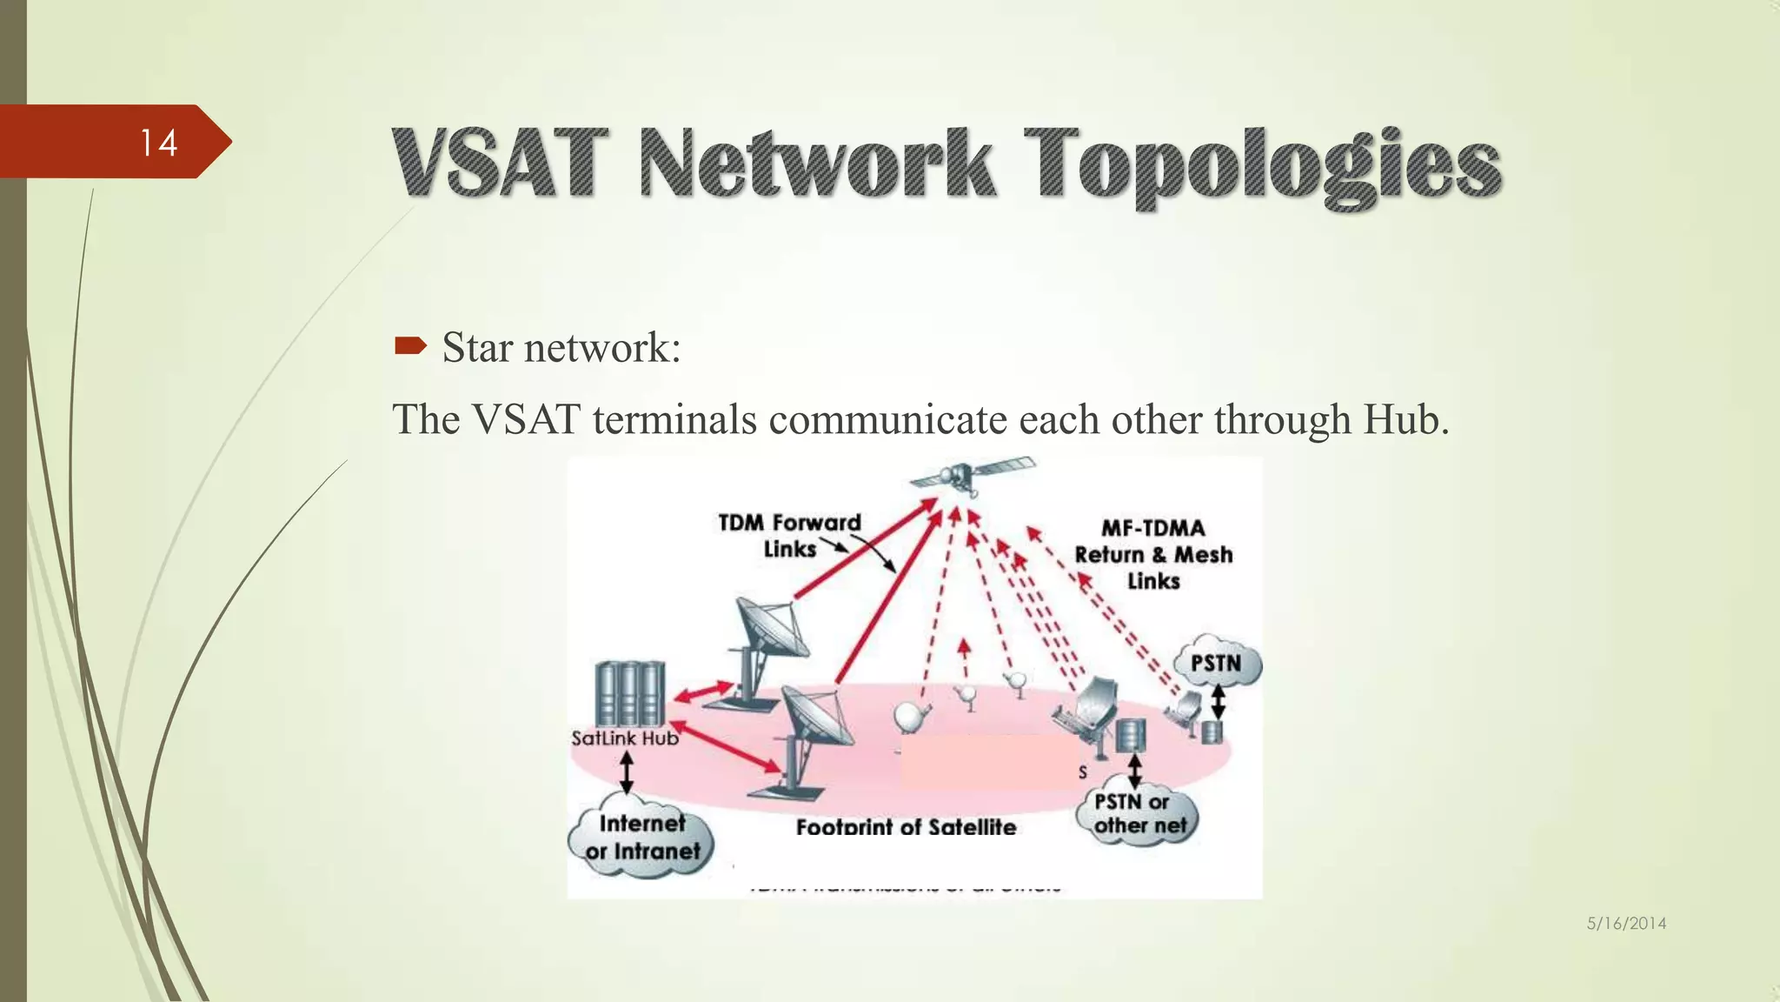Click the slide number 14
pyautogui.click(x=158, y=143)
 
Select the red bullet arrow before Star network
pyautogui.click(x=410, y=347)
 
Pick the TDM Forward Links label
pyautogui.click(x=789, y=535)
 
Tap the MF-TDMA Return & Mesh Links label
pyautogui.click(x=1153, y=554)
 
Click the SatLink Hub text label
pyautogui.click(x=624, y=738)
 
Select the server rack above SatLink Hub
pyautogui.click(x=630, y=693)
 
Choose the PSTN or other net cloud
pyautogui.click(x=1139, y=814)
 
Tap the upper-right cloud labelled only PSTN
pyautogui.click(x=1216, y=664)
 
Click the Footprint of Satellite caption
pyautogui.click(x=906, y=826)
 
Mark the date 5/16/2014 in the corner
pyautogui.click(x=1626, y=924)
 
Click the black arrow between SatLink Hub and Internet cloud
pyautogui.click(x=626, y=772)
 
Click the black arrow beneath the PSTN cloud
pyautogui.click(x=1218, y=700)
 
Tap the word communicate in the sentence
pyautogui.click(x=887, y=419)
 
